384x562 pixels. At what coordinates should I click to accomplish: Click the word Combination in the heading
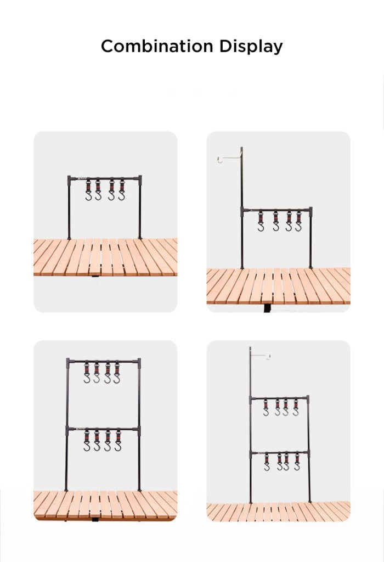tap(157, 46)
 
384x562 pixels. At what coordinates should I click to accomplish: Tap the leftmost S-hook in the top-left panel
tap(88, 190)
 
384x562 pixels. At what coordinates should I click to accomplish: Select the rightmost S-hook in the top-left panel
tap(122, 190)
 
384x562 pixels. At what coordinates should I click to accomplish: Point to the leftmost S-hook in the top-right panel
tap(261, 222)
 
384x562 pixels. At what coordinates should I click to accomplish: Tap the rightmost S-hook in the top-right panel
tap(299, 222)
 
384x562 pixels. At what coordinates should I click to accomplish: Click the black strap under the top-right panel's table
tap(267, 308)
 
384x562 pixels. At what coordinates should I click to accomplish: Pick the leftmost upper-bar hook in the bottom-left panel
tap(87, 373)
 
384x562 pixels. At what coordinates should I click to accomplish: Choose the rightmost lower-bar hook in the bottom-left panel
tap(118, 441)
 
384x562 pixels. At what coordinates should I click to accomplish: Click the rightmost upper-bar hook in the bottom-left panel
tap(117, 373)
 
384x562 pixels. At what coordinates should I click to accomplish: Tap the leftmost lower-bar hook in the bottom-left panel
tap(87, 441)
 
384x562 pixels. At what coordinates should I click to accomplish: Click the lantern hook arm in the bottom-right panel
tap(260, 356)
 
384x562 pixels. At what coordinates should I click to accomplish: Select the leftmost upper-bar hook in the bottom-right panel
tap(266, 408)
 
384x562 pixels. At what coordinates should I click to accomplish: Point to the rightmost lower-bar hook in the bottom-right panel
tap(297, 462)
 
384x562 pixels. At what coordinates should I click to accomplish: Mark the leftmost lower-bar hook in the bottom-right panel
tap(267, 462)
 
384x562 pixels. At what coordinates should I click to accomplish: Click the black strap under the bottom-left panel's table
tap(95, 519)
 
